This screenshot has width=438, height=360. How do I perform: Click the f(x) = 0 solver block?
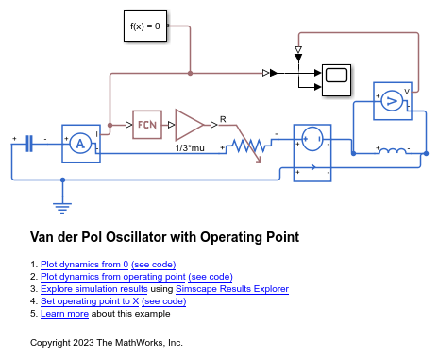tap(145, 26)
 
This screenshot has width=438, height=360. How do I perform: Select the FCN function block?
tap(147, 123)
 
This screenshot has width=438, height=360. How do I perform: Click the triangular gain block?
tap(190, 123)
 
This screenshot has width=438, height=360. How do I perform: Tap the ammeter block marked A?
tap(81, 143)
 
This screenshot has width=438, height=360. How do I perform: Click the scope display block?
tap(334, 77)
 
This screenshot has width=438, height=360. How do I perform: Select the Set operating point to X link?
tap(91, 301)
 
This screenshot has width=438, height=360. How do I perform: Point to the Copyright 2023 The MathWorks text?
tap(106, 342)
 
